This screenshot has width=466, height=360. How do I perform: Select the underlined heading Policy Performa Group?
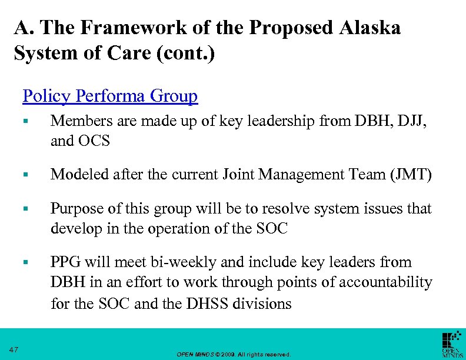[x=110, y=95]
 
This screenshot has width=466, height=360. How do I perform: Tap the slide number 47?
[x=14, y=350]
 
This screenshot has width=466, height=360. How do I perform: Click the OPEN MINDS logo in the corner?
[x=451, y=344]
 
